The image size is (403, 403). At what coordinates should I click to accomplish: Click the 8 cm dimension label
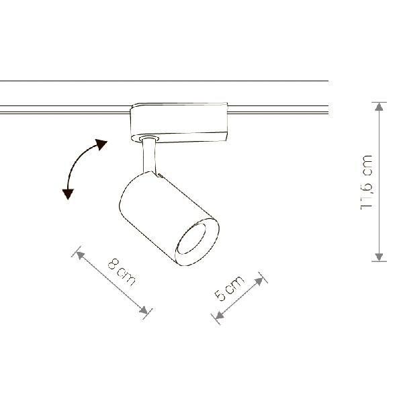(122, 273)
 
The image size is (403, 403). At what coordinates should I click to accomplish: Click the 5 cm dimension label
(229, 288)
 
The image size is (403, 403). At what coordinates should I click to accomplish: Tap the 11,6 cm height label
(367, 182)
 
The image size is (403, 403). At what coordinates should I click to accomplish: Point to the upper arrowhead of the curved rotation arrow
(101, 144)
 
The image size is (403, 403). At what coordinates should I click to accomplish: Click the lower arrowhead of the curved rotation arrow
(68, 194)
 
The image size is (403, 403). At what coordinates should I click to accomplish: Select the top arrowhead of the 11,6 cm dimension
(379, 107)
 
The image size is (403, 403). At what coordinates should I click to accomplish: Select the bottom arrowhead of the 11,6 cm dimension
(379, 257)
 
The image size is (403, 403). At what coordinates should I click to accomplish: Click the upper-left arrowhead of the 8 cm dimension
(80, 255)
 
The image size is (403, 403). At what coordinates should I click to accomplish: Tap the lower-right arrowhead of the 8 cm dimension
(144, 310)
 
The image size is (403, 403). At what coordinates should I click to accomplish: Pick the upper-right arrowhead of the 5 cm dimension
(259, 281)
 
